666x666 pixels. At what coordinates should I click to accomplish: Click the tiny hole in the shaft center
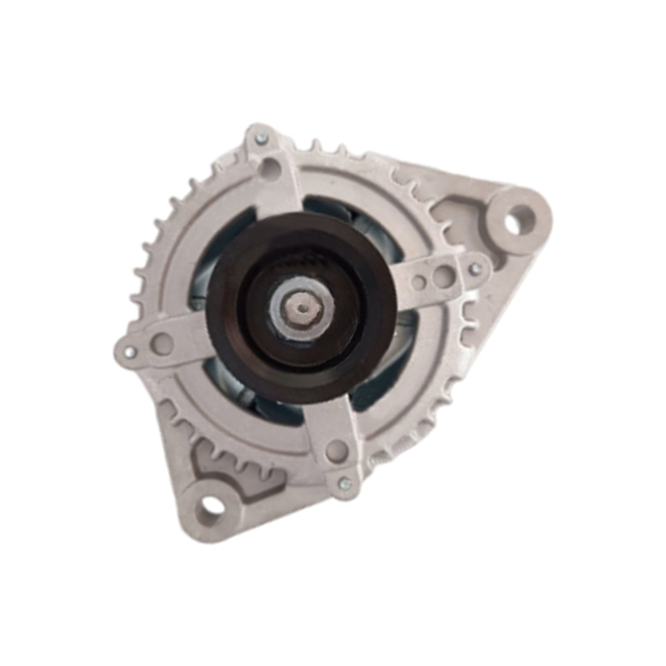tap(302, 308)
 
